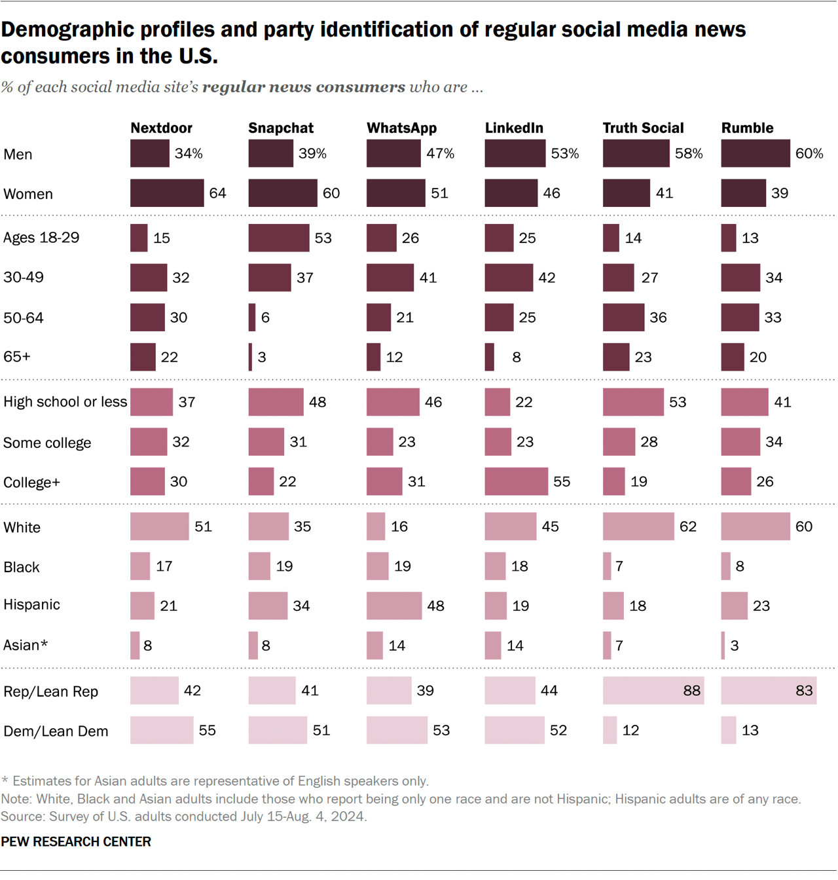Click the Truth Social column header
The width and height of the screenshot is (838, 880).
tap(643, 128)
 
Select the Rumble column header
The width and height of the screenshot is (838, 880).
tap(747, 128)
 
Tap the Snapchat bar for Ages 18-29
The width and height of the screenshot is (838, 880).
tap(279, 238)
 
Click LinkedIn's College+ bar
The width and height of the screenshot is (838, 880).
tap(516, 481)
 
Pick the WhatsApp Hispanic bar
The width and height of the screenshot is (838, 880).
tap(394, 606)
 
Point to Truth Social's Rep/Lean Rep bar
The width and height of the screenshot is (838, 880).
tap(653, 691)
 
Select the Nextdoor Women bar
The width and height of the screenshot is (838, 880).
tap(167, 193)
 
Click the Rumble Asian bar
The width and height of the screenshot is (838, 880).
tap(723, 646)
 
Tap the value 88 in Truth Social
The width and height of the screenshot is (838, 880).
tap(691, 691)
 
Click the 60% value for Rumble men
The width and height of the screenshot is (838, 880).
tap(809, 153)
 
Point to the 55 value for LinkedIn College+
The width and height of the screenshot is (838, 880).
tap(561, 482)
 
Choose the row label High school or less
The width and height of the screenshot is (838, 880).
tap(65, 402)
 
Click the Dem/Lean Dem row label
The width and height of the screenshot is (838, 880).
tap(56, 731)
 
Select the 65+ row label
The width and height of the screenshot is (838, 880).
tap(17, 357)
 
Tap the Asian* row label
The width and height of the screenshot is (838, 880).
tap(26, 646)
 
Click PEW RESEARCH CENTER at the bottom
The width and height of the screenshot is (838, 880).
tap(76, 842)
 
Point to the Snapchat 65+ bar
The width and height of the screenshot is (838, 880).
tap(250, 357)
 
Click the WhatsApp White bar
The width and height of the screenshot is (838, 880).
tap(376, 526)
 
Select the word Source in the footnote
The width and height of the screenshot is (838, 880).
tap(20, 817)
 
